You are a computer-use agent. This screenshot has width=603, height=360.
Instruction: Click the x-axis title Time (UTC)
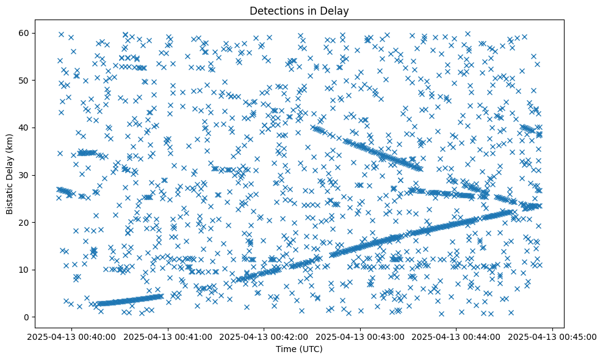(299, 350)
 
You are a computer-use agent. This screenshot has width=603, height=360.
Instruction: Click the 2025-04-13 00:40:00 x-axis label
(71, 336)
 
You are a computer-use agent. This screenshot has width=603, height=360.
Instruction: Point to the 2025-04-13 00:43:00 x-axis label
(360, 336)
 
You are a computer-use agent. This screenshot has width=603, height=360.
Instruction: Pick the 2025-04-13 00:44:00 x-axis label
(457, 336)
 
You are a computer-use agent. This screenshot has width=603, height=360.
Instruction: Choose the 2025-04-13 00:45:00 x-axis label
(553, 336)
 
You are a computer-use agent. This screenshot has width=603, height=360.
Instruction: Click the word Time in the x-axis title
(285, 350)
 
